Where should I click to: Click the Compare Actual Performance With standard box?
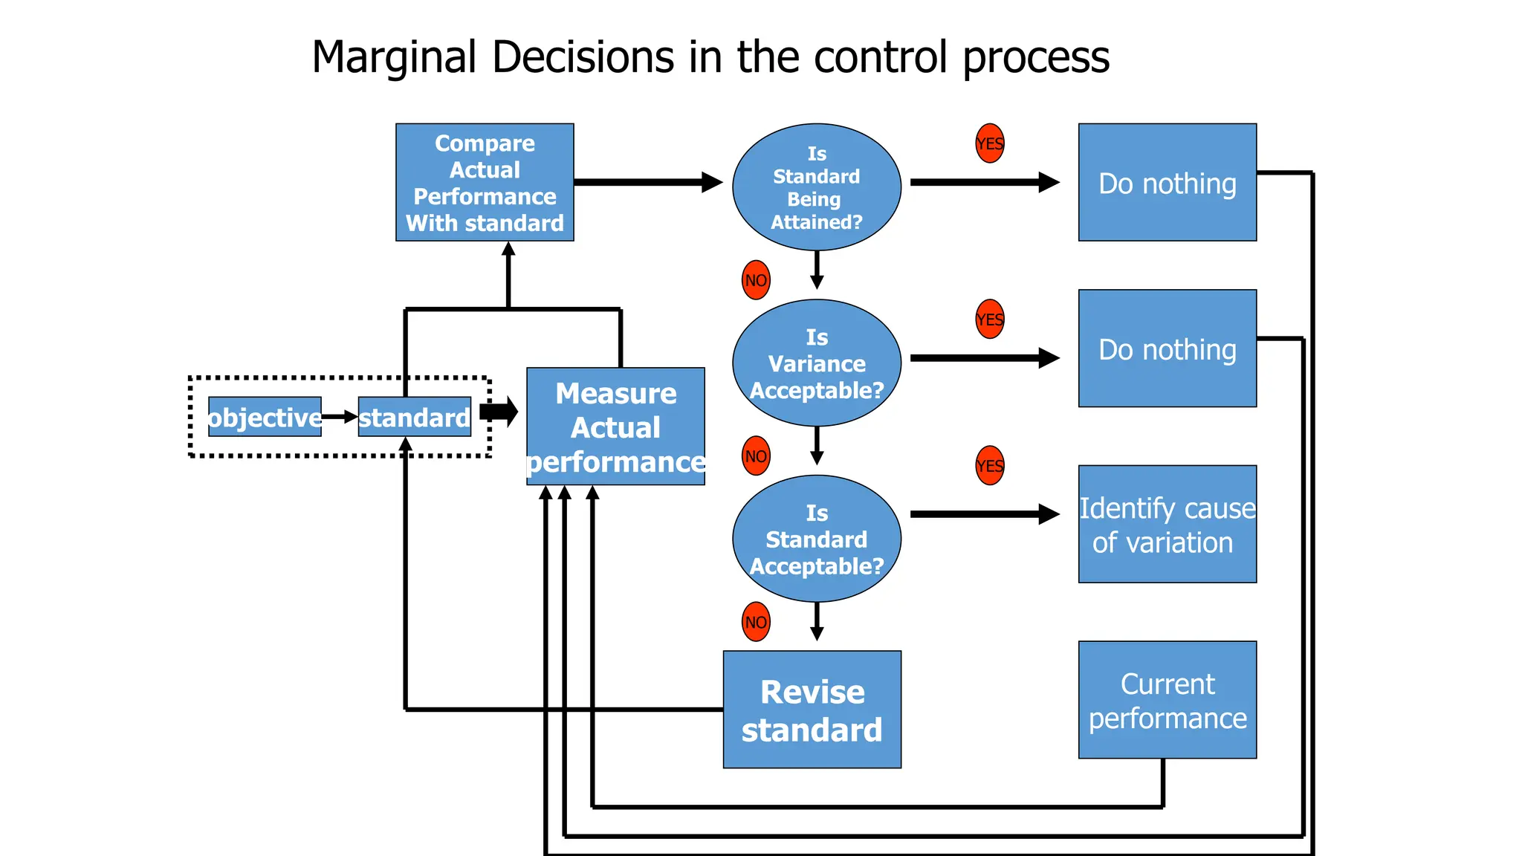pos(485,182)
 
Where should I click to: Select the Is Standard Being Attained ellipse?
pos(816,187)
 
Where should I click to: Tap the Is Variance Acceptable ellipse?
pos(816,363)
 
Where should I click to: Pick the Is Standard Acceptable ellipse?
pos(816,539)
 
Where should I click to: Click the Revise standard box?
pos(812,710)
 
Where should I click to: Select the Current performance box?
pos(1167,699)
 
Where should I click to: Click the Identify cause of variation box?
pos(1167,524)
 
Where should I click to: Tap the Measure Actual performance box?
pos(615,427)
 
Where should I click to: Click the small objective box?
pos(265,417)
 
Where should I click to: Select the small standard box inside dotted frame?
pos(415,417)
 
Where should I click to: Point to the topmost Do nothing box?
pos(1167,182)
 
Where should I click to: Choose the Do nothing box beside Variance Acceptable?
pos(1167,348)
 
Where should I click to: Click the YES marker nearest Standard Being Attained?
pos(989,143)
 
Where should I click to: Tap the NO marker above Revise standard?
pos(756,622)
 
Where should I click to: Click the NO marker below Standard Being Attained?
pos(756,280)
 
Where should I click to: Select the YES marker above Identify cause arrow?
pos(989,466)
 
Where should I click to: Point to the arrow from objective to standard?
pos(340,417)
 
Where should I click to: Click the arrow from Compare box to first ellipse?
pos(647,182)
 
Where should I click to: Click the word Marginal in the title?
pos(393,57)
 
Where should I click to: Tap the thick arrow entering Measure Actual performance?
pos(499,411)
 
